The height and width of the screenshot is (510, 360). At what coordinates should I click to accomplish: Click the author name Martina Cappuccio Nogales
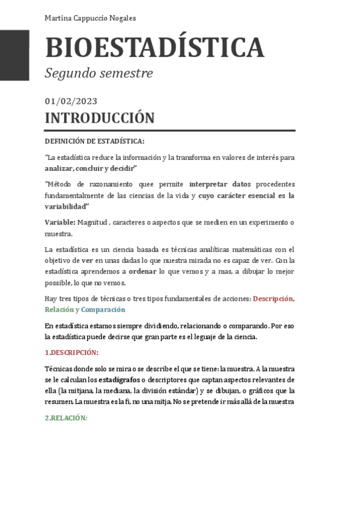click(x=90, y=18)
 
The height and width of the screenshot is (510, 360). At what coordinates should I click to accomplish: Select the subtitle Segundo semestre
click(x=99, y=73)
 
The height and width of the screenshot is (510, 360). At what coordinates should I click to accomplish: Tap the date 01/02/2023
click(x=71, y=101)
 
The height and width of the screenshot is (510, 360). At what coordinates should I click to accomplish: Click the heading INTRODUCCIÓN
click(x=99, y=117)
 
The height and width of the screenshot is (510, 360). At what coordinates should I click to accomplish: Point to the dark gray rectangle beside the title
click(x=14, y=55)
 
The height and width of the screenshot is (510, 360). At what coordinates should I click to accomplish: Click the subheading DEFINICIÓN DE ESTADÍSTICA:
click(x=94, y=141)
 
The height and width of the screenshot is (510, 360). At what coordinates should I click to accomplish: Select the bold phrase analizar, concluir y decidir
click(x=90, y=168)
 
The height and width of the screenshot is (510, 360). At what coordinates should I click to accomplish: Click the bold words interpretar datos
click(x=220, y=184)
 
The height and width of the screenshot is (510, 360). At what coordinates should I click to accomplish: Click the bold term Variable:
click(x=59, y=223)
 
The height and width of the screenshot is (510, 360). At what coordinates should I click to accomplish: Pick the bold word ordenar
click(x=142, y=271)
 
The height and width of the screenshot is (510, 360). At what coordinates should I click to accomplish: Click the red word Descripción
click(x=273, y=298)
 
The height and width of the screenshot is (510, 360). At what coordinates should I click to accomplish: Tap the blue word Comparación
click(x=103, y=310)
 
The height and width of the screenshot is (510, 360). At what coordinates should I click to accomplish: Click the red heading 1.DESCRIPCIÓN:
click(x=72, y=352)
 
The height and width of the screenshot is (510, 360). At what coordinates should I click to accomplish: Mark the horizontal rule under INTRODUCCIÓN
click(x=169, y=131)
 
